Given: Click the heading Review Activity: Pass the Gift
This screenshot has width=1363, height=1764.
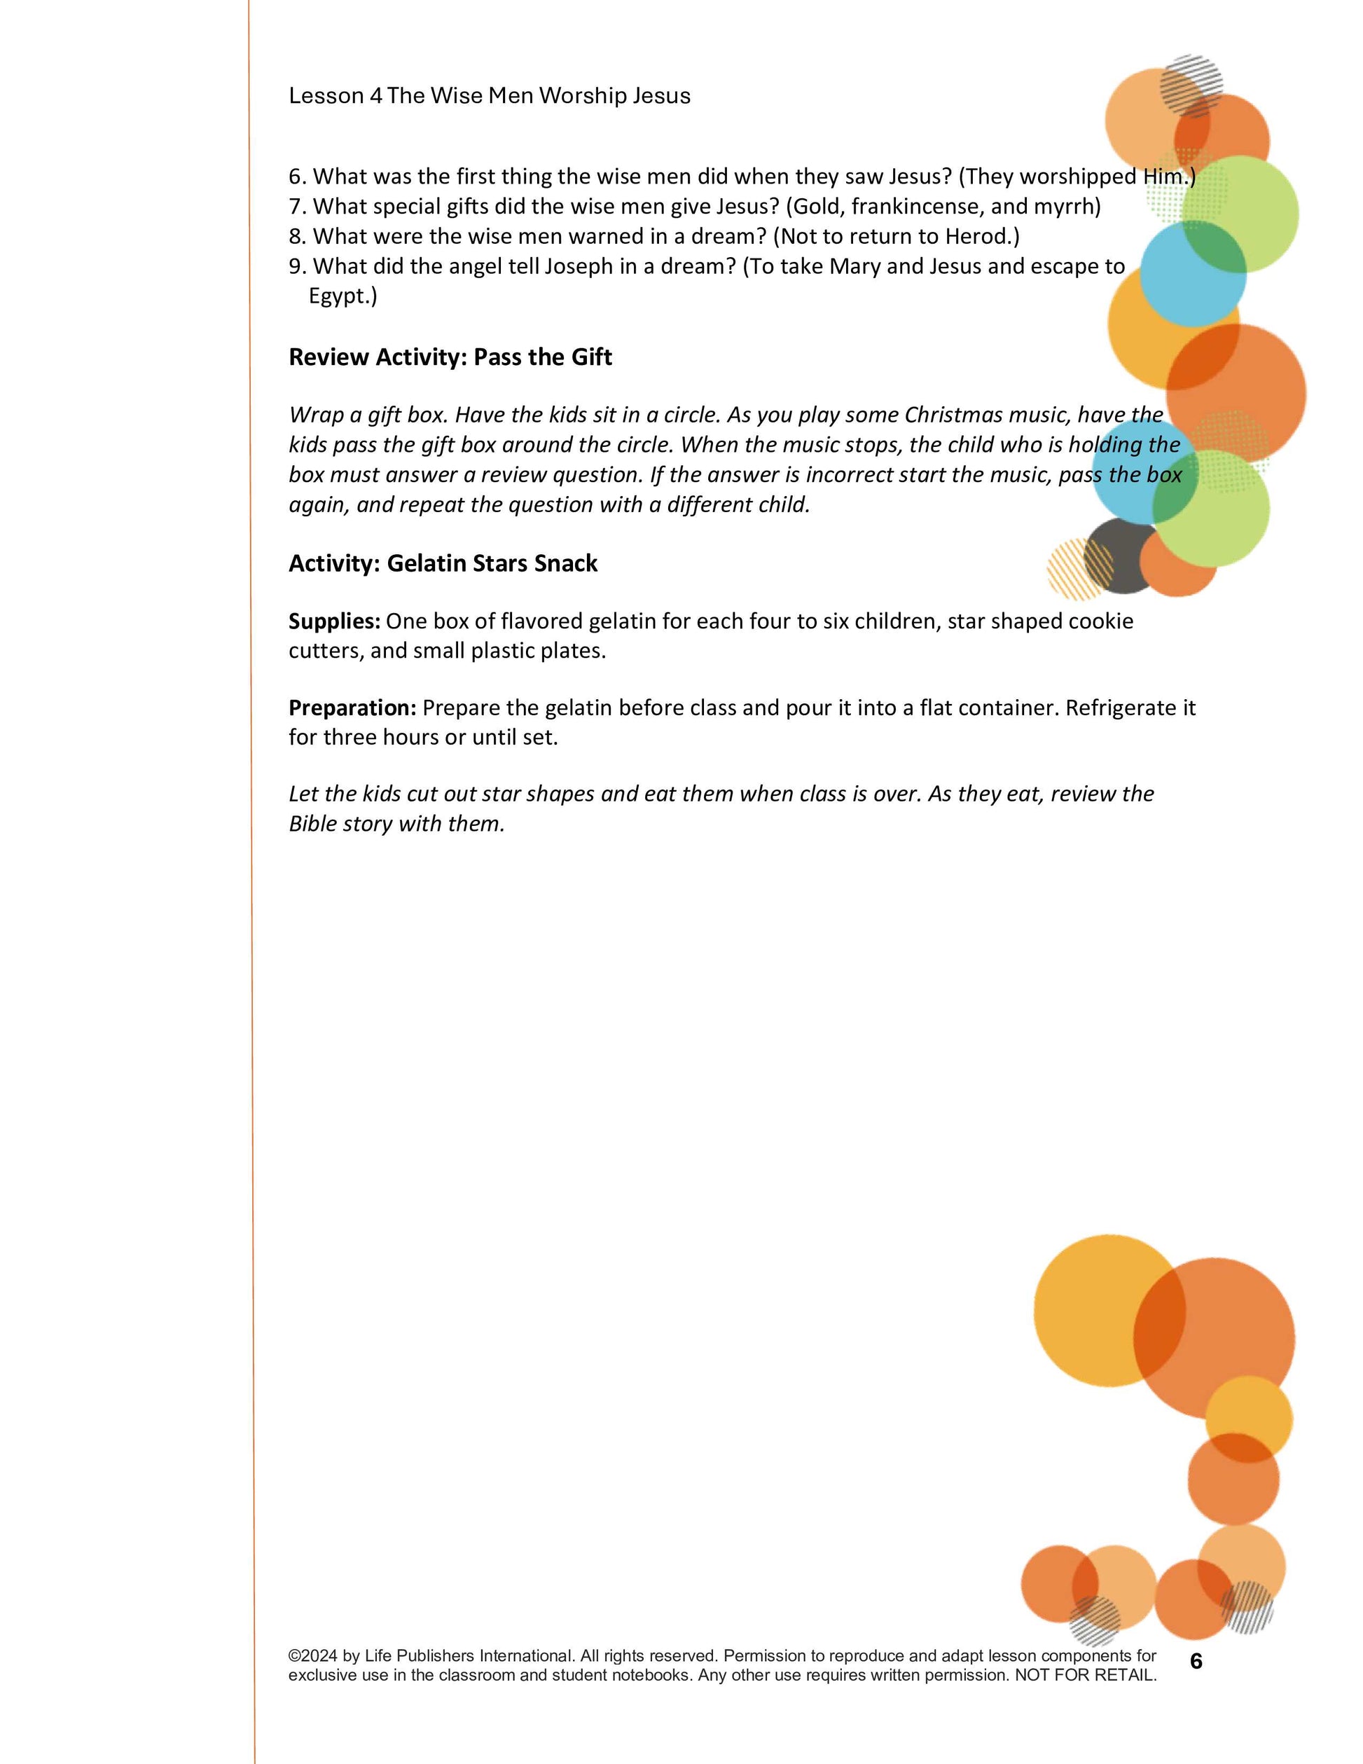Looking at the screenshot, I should click(x=450, y=357).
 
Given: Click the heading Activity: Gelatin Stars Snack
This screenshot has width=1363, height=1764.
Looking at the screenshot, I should click(x=443, y=563).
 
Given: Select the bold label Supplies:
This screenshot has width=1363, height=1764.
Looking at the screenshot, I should click(x=334, y=621).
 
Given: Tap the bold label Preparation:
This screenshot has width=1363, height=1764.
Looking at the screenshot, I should click(x=353, y=708).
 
